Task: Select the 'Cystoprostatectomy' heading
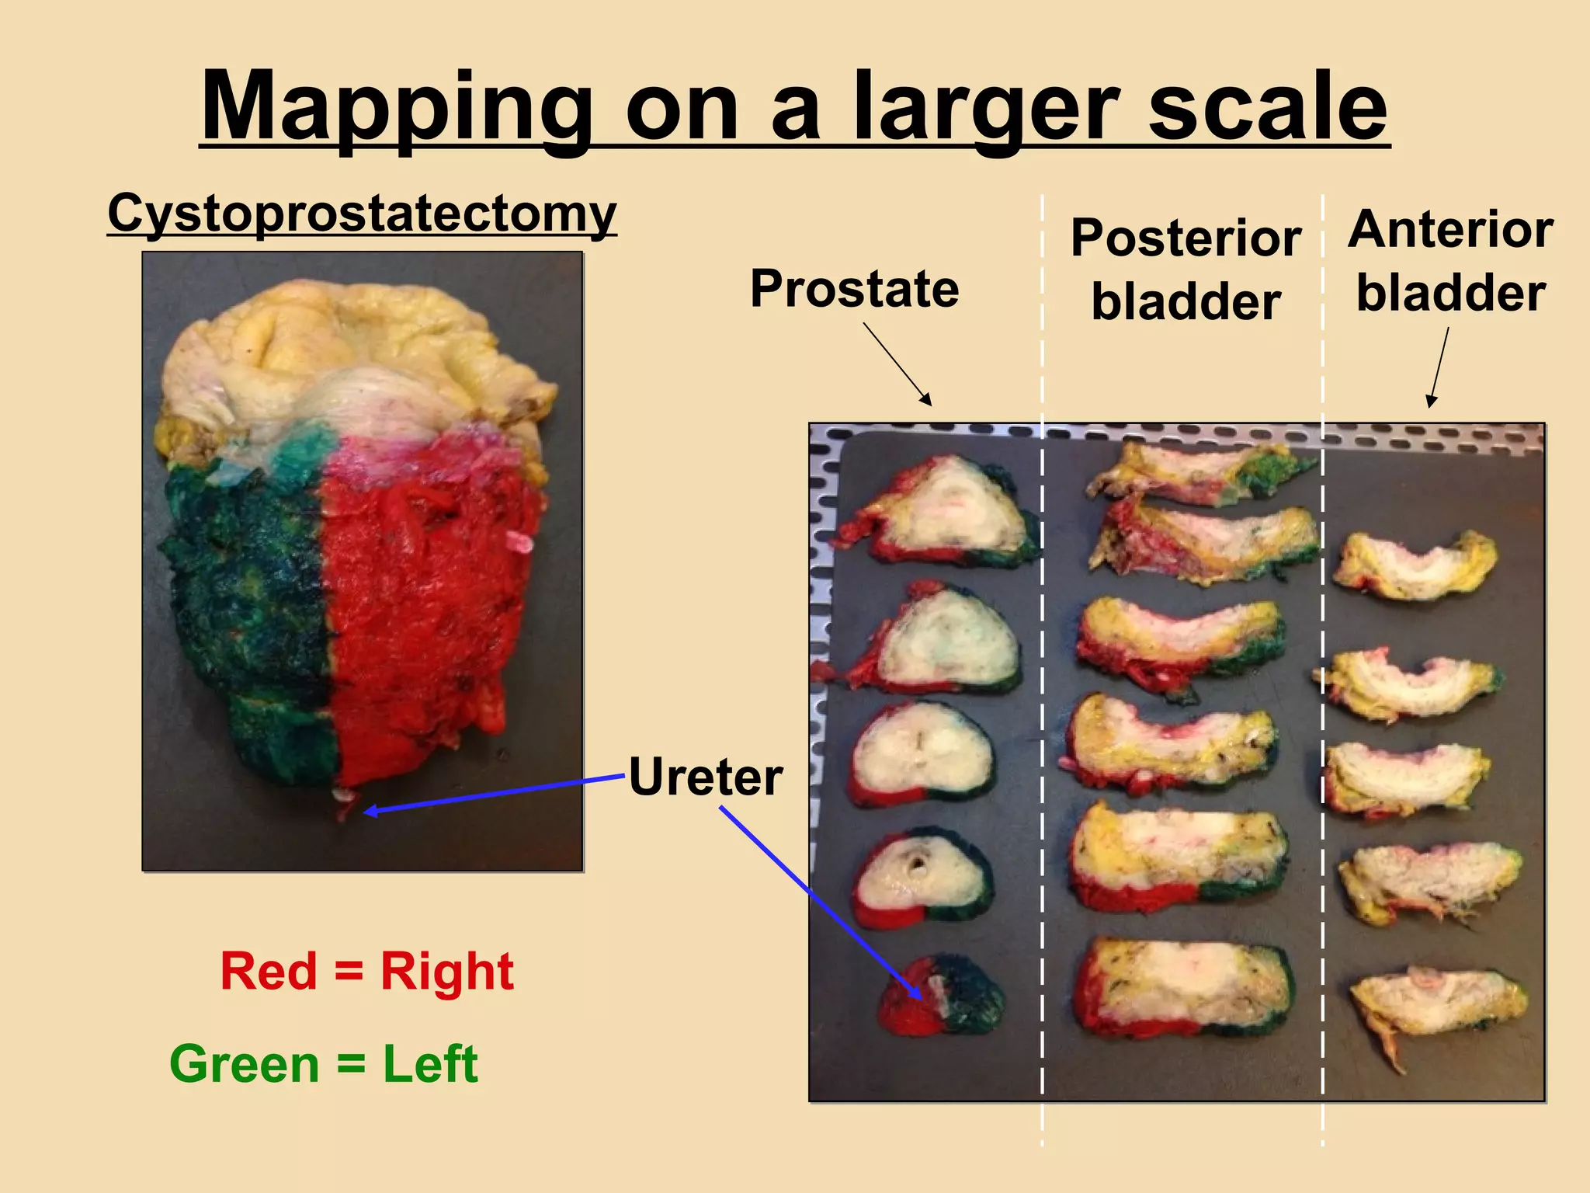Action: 362,213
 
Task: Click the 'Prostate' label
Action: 854,289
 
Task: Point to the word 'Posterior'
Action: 1186,238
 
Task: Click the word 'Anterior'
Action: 1450,230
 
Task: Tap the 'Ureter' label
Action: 705,777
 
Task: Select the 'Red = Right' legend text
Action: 366,971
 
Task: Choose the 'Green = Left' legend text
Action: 323,1063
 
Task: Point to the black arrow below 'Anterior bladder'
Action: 1439,367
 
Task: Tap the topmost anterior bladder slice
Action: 1415,566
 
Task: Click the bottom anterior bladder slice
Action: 1436,1006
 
